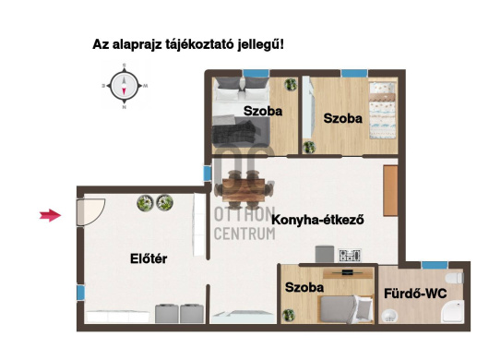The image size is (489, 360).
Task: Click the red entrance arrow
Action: pos(50,215)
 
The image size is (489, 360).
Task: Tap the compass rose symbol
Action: pos(125,86)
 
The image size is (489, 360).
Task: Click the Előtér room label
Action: pos(149,259)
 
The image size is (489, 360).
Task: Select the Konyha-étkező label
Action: pos(317,220)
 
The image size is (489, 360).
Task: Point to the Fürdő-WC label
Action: pos(415,294)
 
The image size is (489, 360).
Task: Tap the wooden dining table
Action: pos(244,189)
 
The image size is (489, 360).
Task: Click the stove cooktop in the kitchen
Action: pos(350,256)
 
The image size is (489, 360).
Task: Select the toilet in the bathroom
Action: pos(455,278)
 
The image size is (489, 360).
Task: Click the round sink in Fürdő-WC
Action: pos(389,316)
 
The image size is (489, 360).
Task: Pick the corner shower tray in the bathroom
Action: pos(453,312)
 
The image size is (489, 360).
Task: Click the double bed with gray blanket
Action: pos(241,112)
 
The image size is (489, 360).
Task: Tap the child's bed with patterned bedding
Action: pos(383,111)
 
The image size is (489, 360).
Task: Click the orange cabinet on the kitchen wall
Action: pos(390,190)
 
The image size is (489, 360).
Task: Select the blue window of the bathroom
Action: pos(435,265)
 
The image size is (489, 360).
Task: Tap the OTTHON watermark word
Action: pos(244,214)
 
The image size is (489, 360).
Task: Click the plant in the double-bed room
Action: pos(291,84)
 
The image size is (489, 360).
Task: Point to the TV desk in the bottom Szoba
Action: pos(348,273)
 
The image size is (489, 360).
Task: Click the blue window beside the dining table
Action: pos(207,174)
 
